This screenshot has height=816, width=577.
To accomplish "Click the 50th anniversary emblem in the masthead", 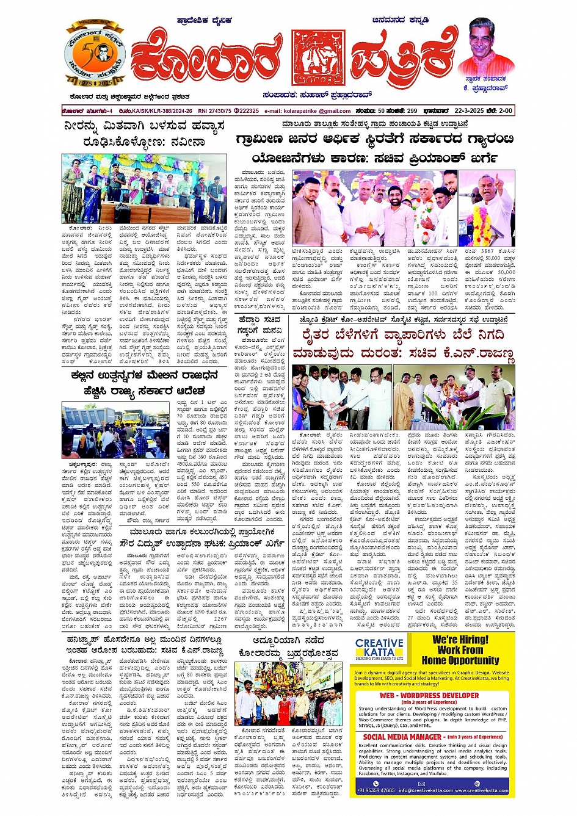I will [x=95, y=56].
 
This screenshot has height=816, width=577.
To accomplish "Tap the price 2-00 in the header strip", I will [x=505, y=111].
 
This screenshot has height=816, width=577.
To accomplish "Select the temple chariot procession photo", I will [x=289, y=693].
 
